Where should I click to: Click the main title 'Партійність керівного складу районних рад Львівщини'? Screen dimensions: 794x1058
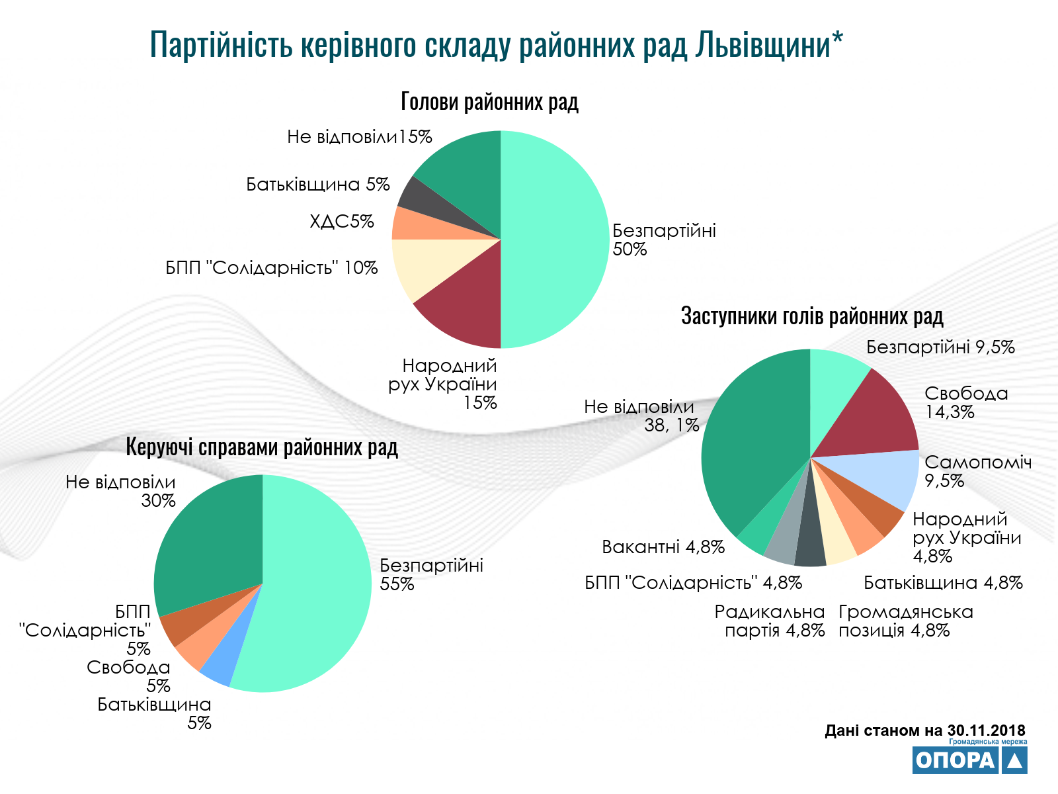496,45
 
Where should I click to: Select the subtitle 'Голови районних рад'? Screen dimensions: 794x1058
489,102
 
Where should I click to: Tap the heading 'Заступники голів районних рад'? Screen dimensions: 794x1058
812,316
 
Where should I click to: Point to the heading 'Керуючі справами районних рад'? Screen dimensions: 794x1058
262,448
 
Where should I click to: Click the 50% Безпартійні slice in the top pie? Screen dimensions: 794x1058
555,238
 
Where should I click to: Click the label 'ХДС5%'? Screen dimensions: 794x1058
342,221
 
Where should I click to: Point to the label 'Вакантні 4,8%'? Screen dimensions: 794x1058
663,547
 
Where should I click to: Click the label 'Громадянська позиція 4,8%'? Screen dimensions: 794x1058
906,621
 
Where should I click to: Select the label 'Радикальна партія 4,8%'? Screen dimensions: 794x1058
770,621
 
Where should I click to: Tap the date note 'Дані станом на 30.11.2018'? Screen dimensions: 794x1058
925,730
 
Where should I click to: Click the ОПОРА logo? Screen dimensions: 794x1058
970,760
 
